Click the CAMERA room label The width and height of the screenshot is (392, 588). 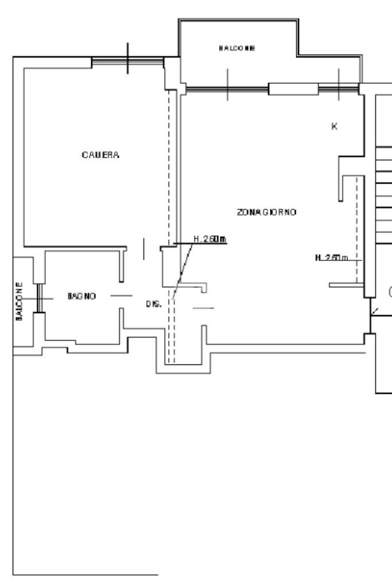pyautogui.click(x=100, y=155)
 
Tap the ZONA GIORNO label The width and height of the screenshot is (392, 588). pyautogui.click(x=266, y=212)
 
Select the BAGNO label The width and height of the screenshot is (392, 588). pyautogui.click(x=81, y=296)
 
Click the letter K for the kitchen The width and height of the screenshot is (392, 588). pyautogui.click(x=334, y=126)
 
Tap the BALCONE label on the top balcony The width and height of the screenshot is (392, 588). pyautogui.click(x=237, y=48)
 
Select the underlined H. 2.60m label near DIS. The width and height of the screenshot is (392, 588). pyautogui.click(x=210, y=239)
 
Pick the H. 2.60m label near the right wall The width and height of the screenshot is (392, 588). pyautogui.click(x=332, y=257)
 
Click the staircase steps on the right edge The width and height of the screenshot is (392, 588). pyautogui.click(x=383, y=195)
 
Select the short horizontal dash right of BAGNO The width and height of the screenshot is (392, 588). pyautogui.click(x=121, y=295)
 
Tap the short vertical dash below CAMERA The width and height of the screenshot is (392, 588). pyautogui.click(x=143, y=249)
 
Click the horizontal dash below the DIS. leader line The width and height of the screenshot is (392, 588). pyautogui.click(x=203, y=308)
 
